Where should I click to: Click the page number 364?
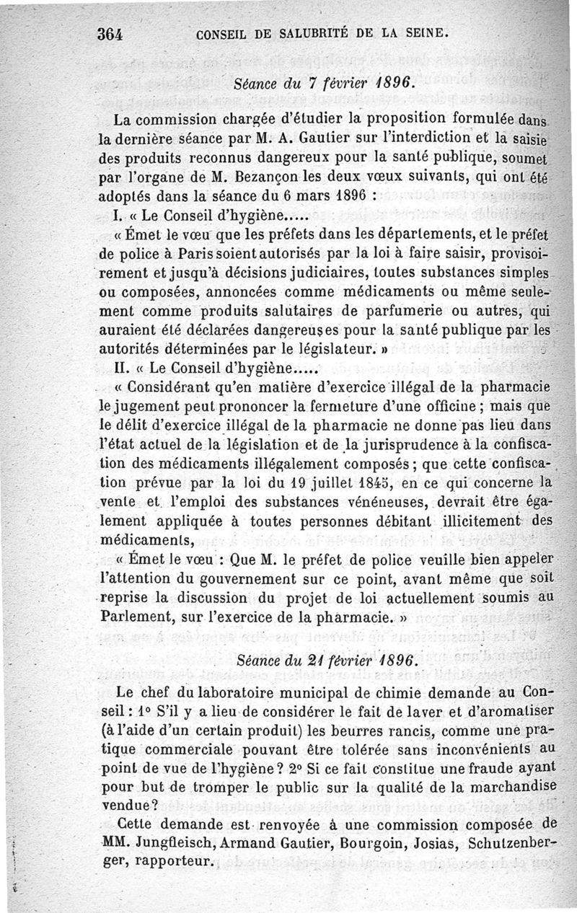pos(112,33)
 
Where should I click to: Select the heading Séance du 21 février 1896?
pos(326,661)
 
